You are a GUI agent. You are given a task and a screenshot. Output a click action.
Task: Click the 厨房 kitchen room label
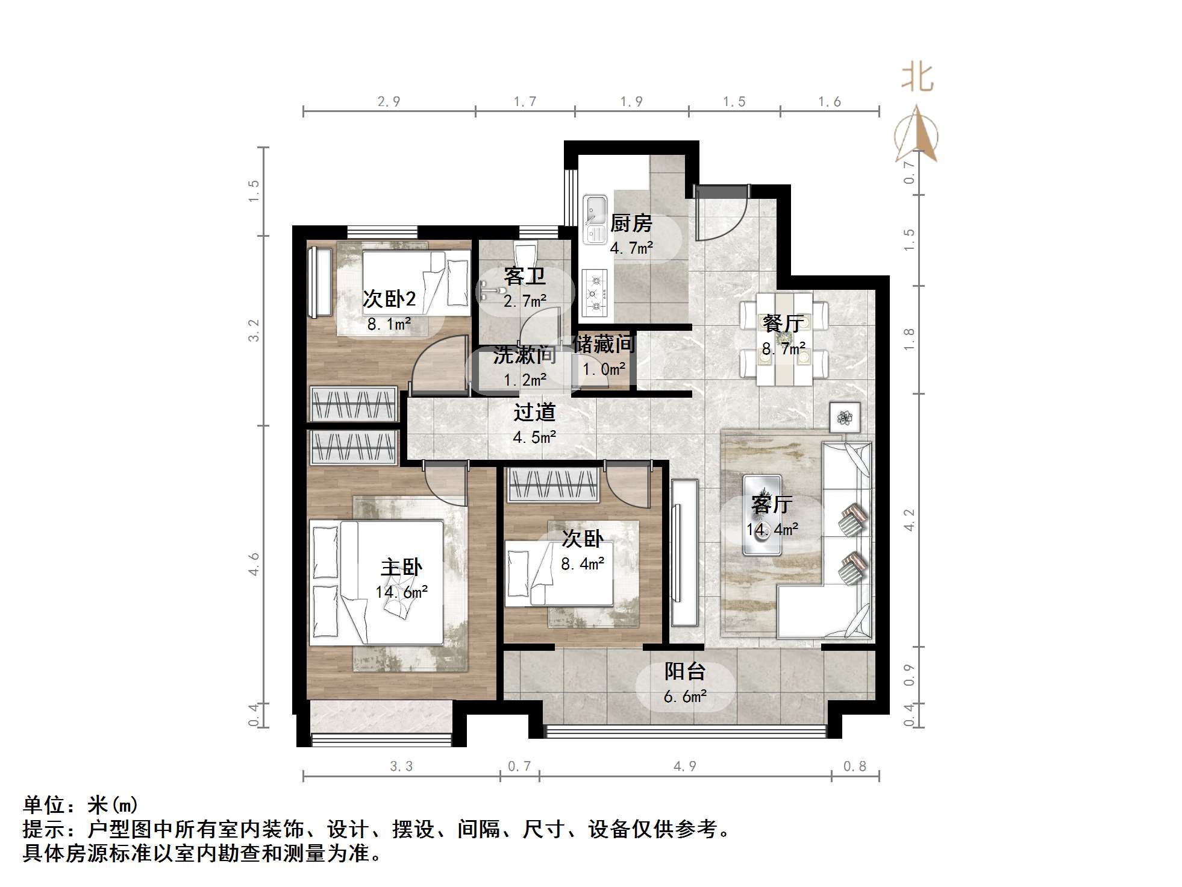coord(631,224)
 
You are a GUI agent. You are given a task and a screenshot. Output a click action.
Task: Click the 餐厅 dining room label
coord(782,324)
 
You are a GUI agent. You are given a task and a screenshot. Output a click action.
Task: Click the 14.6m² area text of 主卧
coord(401,592)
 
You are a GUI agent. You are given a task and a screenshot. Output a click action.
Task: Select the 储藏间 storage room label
coord(604,344)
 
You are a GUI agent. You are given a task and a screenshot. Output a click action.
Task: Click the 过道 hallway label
coord(534,413)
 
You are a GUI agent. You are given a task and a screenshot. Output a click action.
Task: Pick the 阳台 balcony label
coord(684,671)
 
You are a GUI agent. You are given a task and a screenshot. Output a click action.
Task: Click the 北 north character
coord(917,78)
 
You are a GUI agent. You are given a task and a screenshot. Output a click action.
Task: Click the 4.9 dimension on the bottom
coord(684,766)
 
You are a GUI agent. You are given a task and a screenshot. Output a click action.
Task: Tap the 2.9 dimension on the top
coord(389,101)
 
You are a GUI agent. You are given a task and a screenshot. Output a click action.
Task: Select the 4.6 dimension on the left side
coord(254,563)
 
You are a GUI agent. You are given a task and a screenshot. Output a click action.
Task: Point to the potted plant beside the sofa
coord(844,416)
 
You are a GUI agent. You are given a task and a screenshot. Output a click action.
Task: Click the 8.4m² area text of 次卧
coord(582,564)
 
